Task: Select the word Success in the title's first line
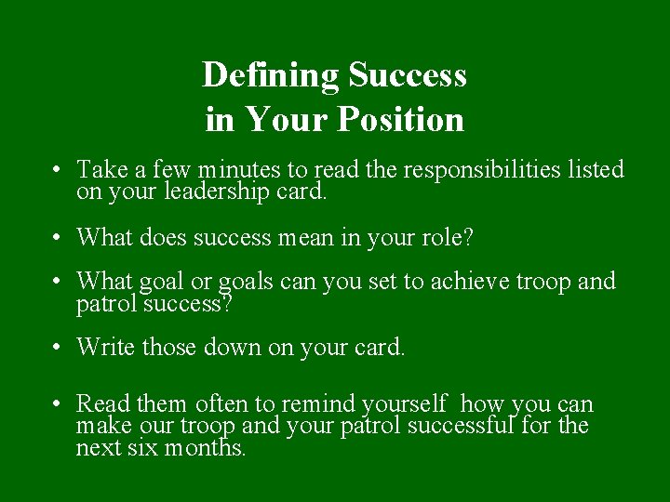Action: pos(408,75)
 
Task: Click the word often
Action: pos(223,404)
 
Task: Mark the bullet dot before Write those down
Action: pos(58,349)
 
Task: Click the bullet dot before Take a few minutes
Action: pos(58,171)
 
